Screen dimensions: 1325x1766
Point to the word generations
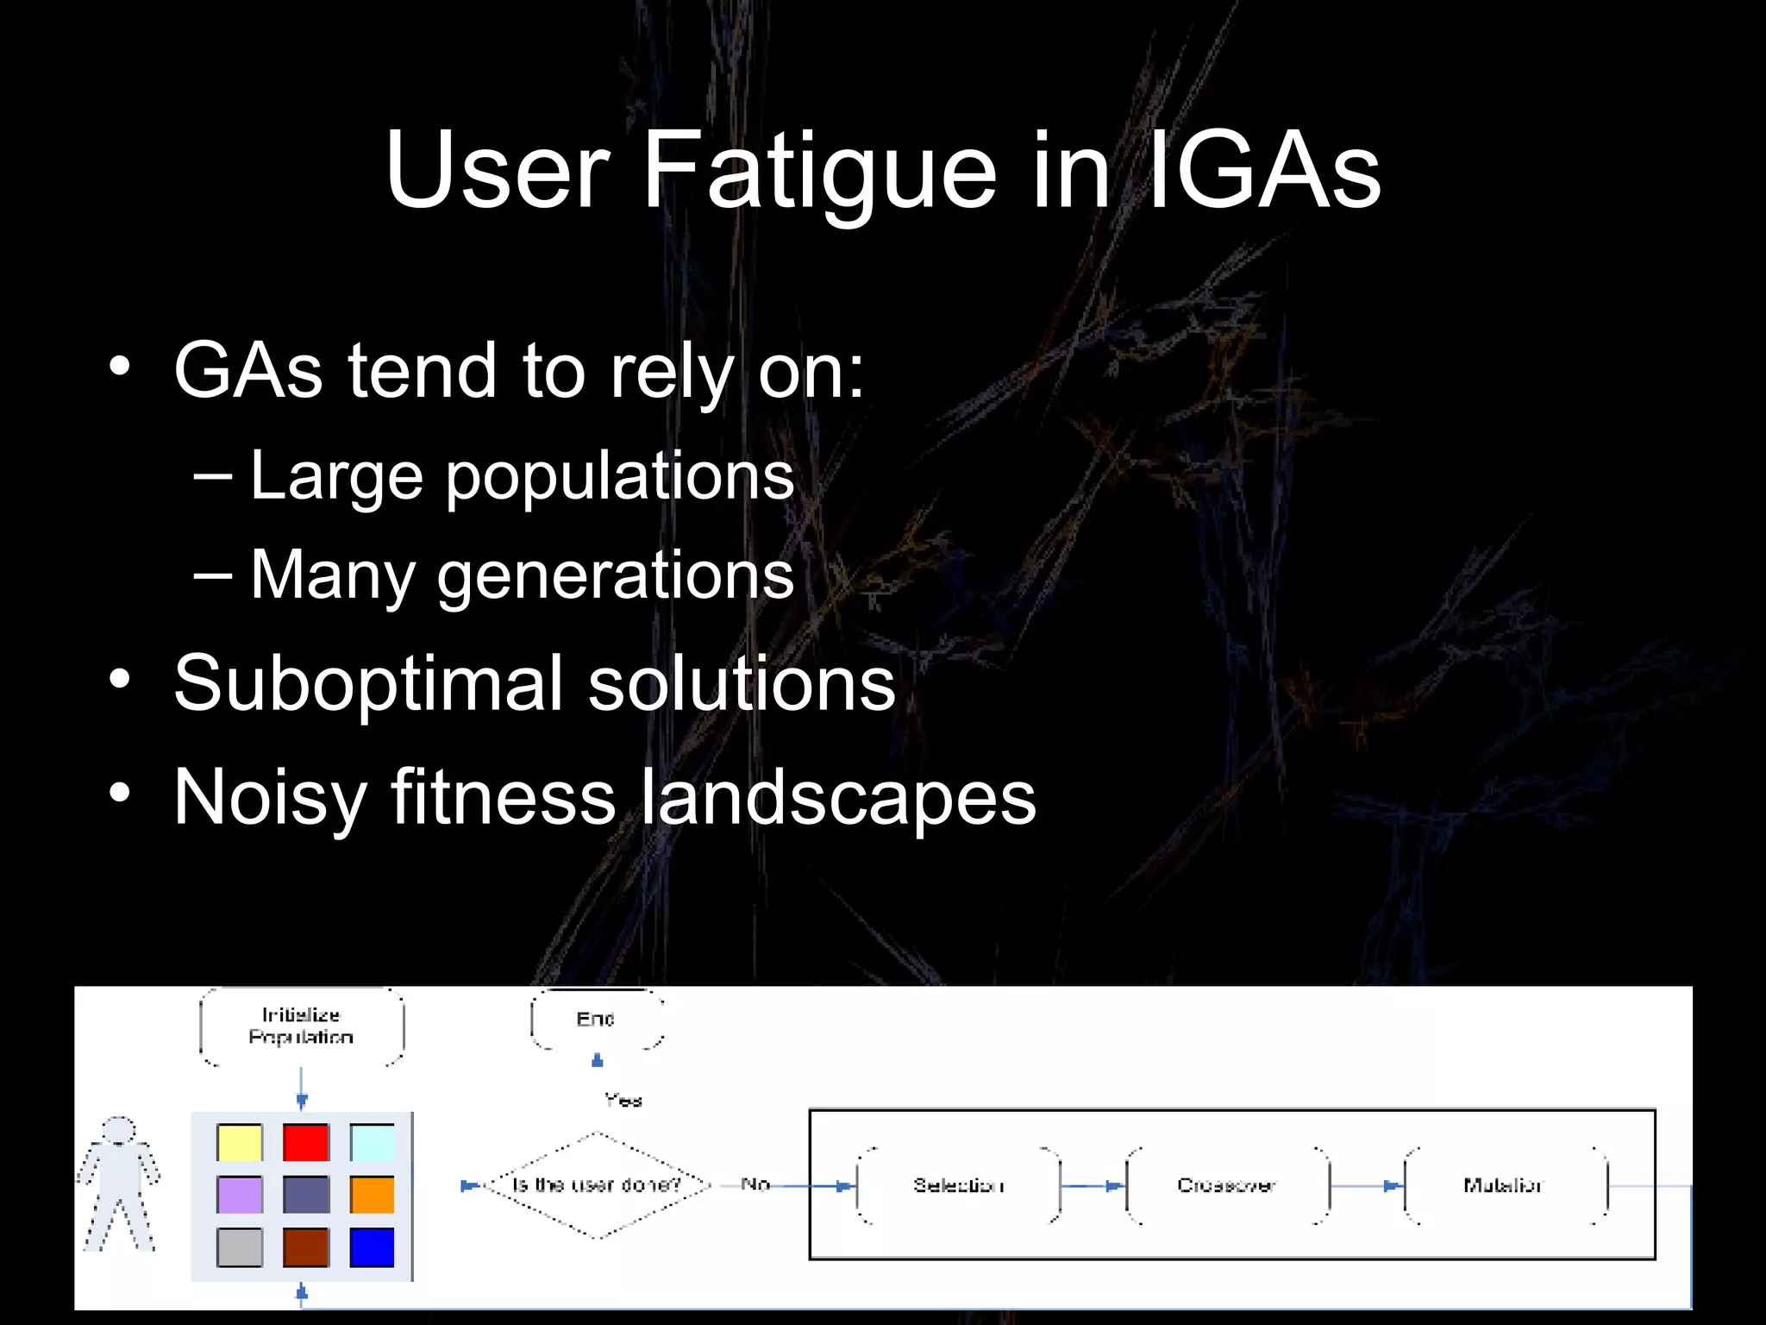tap(615, 575)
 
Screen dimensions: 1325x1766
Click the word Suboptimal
tap(368, 682)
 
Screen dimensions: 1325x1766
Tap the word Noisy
tap(270, 797)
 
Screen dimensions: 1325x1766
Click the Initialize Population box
tap(301, 1027)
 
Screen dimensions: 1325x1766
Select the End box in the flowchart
tap(597, 1020)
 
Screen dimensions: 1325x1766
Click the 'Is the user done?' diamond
tap(597, 1185)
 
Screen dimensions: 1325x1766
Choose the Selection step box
tap(958, 1185)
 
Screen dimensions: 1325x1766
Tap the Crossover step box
tap(1227, 1185)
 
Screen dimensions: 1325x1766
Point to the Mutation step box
tap(1504, 1185)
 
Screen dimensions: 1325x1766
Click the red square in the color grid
tap(305, 1143)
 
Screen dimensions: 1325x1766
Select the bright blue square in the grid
tap(372, 1247)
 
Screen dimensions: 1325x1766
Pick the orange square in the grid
tap(372, 1196)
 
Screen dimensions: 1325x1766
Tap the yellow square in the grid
tap(239, 1143)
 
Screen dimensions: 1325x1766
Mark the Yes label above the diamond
tap(623, 1100)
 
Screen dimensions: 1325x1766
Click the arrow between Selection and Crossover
tap(1093, 1186)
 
